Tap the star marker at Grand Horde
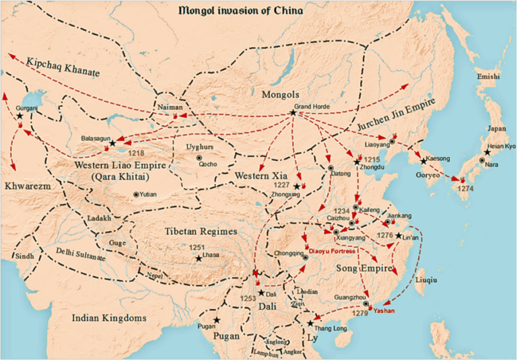293,112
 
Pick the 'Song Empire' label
361,268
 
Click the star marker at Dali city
261,293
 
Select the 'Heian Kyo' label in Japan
501,147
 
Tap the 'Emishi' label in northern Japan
488,77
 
